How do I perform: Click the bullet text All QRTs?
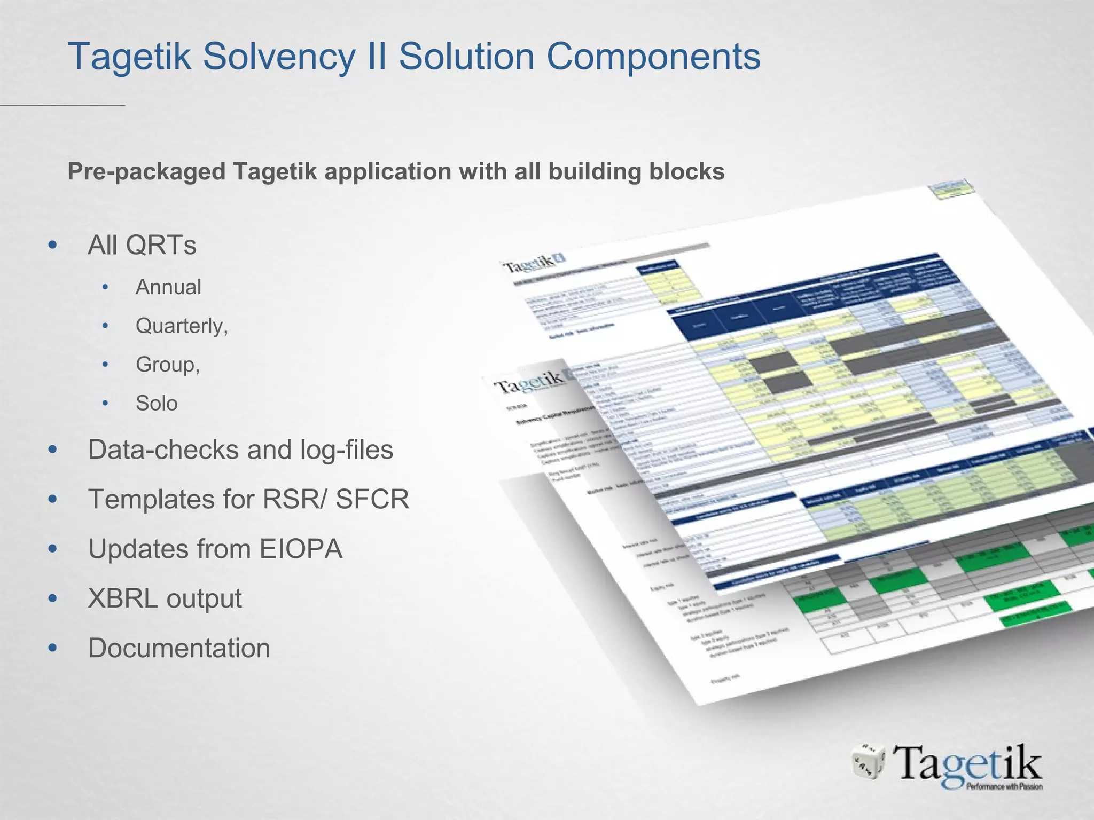[142, 246]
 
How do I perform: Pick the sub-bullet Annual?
[168, 287]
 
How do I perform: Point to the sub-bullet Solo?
[157, 403]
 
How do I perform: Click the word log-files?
[347, 450]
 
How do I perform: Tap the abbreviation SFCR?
[372, 499]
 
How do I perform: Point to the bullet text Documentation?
[179, 648]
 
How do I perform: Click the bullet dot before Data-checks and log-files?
[52, 450]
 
